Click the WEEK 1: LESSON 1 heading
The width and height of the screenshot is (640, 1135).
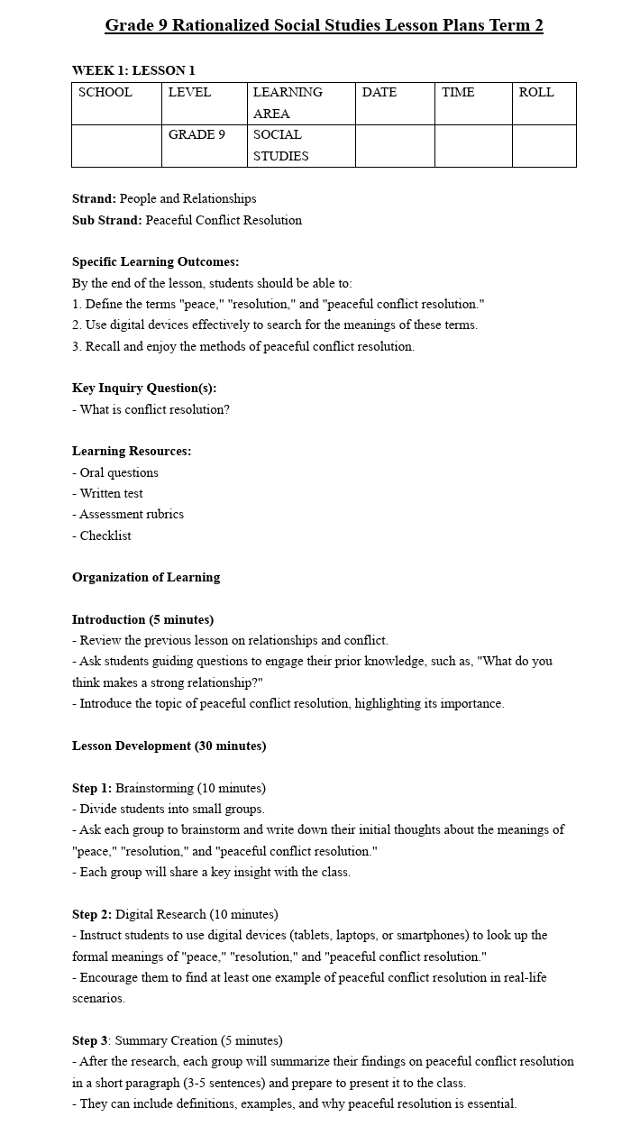(x=133, y=70)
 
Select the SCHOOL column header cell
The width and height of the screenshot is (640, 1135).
(x=105, y=93)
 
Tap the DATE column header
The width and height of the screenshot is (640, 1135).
(x=379, y=93)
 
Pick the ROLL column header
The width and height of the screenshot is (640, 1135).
(x=536, y=93)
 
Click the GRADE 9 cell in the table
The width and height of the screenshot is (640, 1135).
(x=197, y=135)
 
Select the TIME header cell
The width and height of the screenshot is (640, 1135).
(x=458, y=93)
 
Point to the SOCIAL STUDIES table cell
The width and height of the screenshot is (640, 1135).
(x=280, y=145)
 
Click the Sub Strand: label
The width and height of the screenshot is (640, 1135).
(x=107, y=220)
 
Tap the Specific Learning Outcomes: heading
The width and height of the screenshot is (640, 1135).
(x=156, y=262)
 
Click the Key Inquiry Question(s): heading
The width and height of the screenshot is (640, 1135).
(x=144, y=389)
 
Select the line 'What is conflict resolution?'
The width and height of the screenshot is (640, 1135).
(x=154, y=409)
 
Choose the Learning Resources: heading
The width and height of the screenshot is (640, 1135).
(x=132, y=452)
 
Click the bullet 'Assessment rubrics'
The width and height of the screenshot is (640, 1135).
(x=131, y=515)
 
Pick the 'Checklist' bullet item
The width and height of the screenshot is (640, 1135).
(x=105, y=535)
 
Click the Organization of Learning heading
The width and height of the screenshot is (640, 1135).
(x=146, y=578)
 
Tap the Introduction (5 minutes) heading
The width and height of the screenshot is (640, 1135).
(x=142, y=620)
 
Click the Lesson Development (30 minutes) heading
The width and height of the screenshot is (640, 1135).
(x=169, y=746)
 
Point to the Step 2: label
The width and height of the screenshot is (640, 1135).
(x=92, y=915)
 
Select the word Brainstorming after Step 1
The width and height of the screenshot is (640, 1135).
(x=154, y=789)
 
